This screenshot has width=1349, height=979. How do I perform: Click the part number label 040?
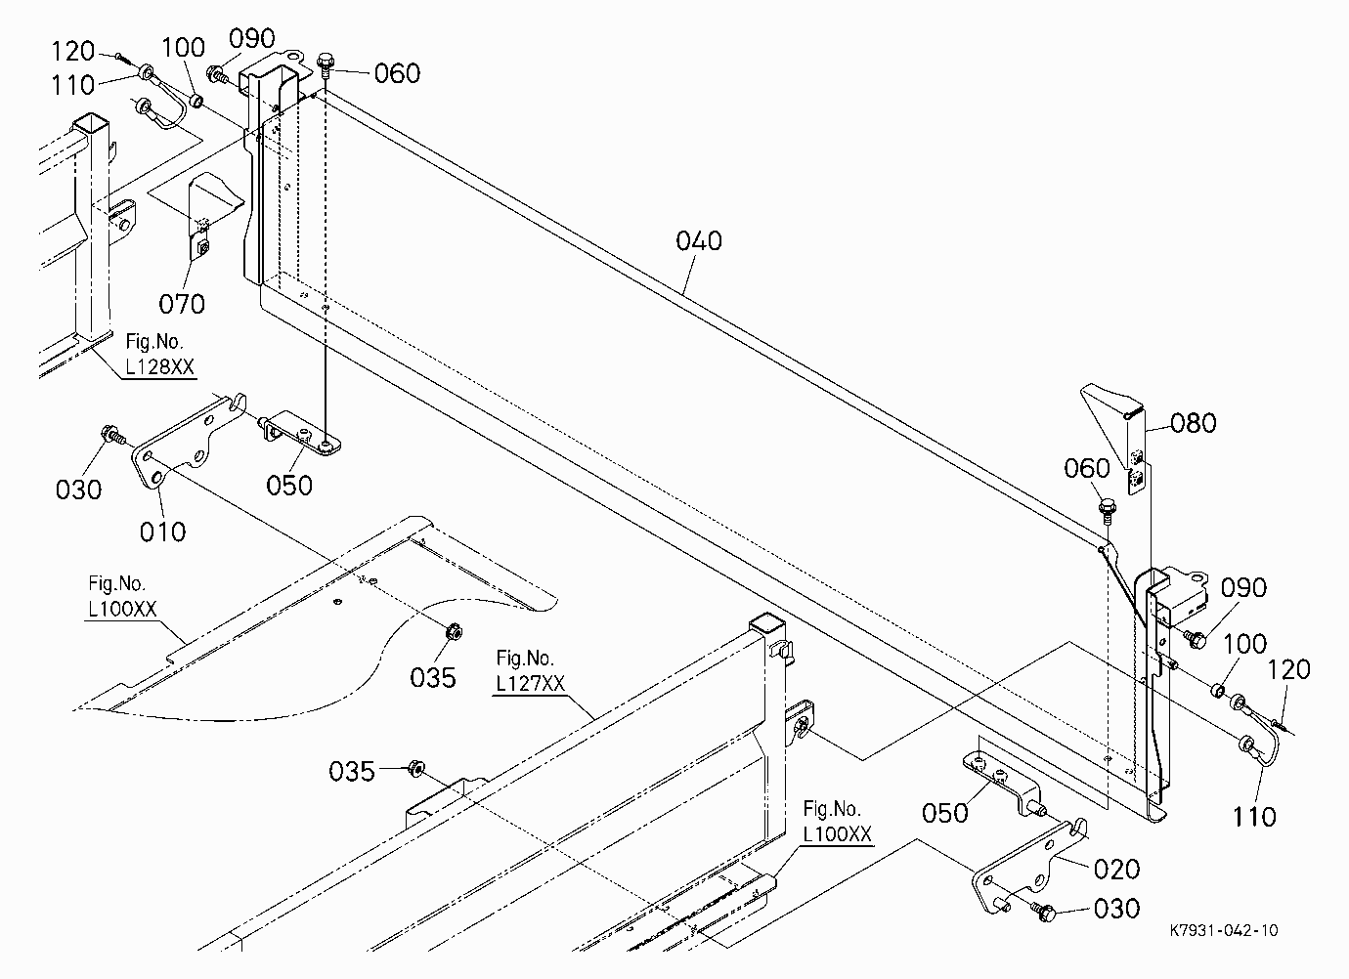pyautogui.click(x=699, y=240)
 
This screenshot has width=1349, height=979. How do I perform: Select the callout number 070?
pyautogui.click(x=182, y=304)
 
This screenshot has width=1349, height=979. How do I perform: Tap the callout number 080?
pyautogui.click(x=1193, y=423)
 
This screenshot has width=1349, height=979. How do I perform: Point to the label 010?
pyautogui.click(x=162, y=532)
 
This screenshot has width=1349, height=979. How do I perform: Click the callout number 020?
pyautogui.click(x=1117, y=870)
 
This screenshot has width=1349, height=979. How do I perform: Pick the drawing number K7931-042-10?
pyautogui.click(x=1223, y=930)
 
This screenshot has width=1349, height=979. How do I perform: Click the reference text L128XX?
pyautogui.click(x=160, y=366)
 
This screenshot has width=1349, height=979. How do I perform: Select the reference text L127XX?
pyautogui.click(x=531, y=683)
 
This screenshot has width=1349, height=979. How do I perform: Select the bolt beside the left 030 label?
pyautogui.click(x=112, y=435)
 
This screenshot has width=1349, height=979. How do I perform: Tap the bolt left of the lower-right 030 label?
pyautogui.click(x=1043, y=911)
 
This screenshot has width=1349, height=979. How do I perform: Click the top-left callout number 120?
pyautogui.click(x=73, y=51)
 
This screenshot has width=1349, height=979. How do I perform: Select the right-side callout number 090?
pyautogui.click(x=1243, y=587)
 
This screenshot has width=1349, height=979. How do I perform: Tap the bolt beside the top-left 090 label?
pyautogui.click(x=218, y=74)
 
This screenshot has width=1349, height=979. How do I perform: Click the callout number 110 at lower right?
pyautogui.click(x=1254, y=817)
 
